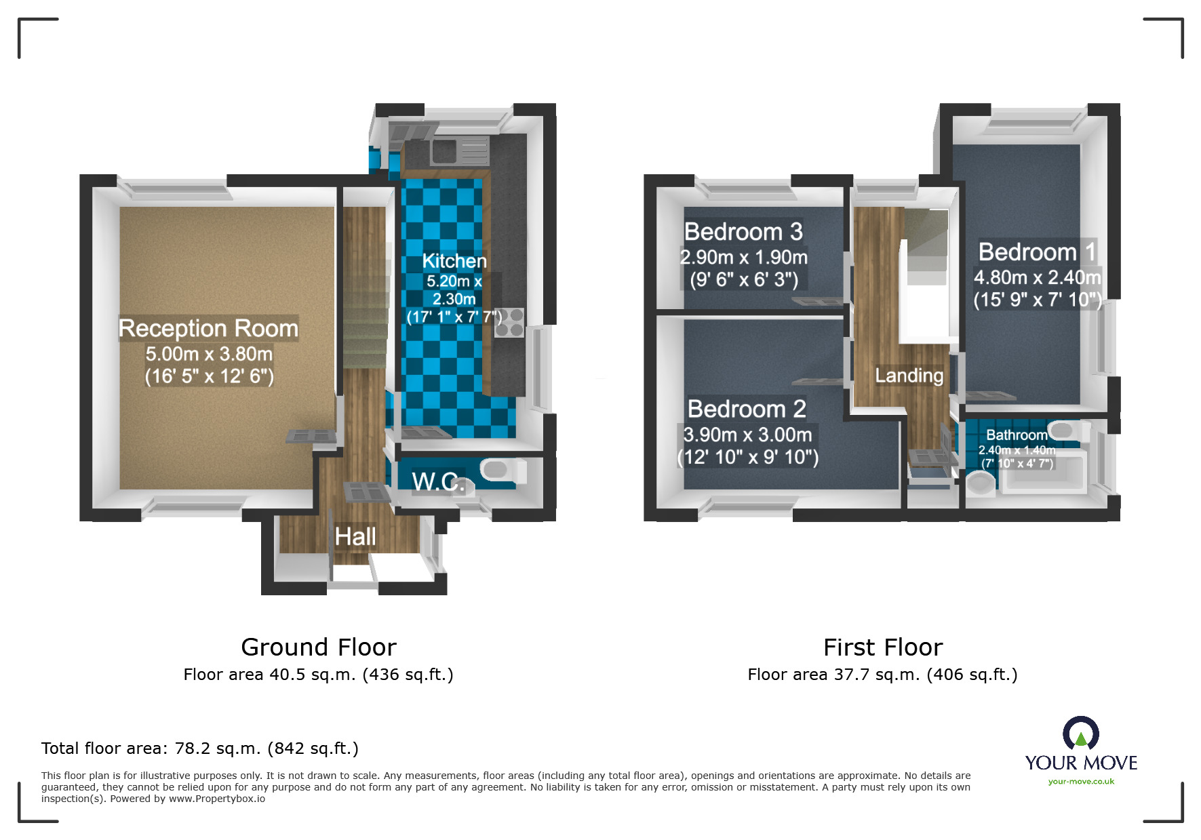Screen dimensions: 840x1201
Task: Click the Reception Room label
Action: (x=208, y=328)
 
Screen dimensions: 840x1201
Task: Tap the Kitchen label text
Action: (x=454, y=261)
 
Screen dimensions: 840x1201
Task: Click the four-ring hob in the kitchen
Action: (x=509, y=323)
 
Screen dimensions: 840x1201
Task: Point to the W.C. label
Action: (x=438, y=482)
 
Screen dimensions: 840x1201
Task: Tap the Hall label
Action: (x=355, y=537)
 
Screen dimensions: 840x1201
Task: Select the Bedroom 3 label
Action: (x=743, y=232)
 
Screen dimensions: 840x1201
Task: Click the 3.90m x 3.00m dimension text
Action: (x=747, y=435)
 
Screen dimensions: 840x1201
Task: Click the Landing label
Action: (x=909, y=376)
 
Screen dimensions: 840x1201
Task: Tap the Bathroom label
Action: (x=1016, y=435)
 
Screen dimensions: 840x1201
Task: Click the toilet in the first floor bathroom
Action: (x=980, y=484)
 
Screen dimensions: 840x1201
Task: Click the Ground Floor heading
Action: (x=319, y=647)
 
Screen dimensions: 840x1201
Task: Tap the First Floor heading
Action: (x=882, y=647)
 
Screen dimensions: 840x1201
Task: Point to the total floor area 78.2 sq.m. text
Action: (x=199, y=748)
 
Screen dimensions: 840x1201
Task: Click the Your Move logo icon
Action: (x=1080, y=734)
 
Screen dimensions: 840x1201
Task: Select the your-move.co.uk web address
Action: (x=1081, y=782)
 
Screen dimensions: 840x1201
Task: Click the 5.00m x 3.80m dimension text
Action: (x=209, y=354)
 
